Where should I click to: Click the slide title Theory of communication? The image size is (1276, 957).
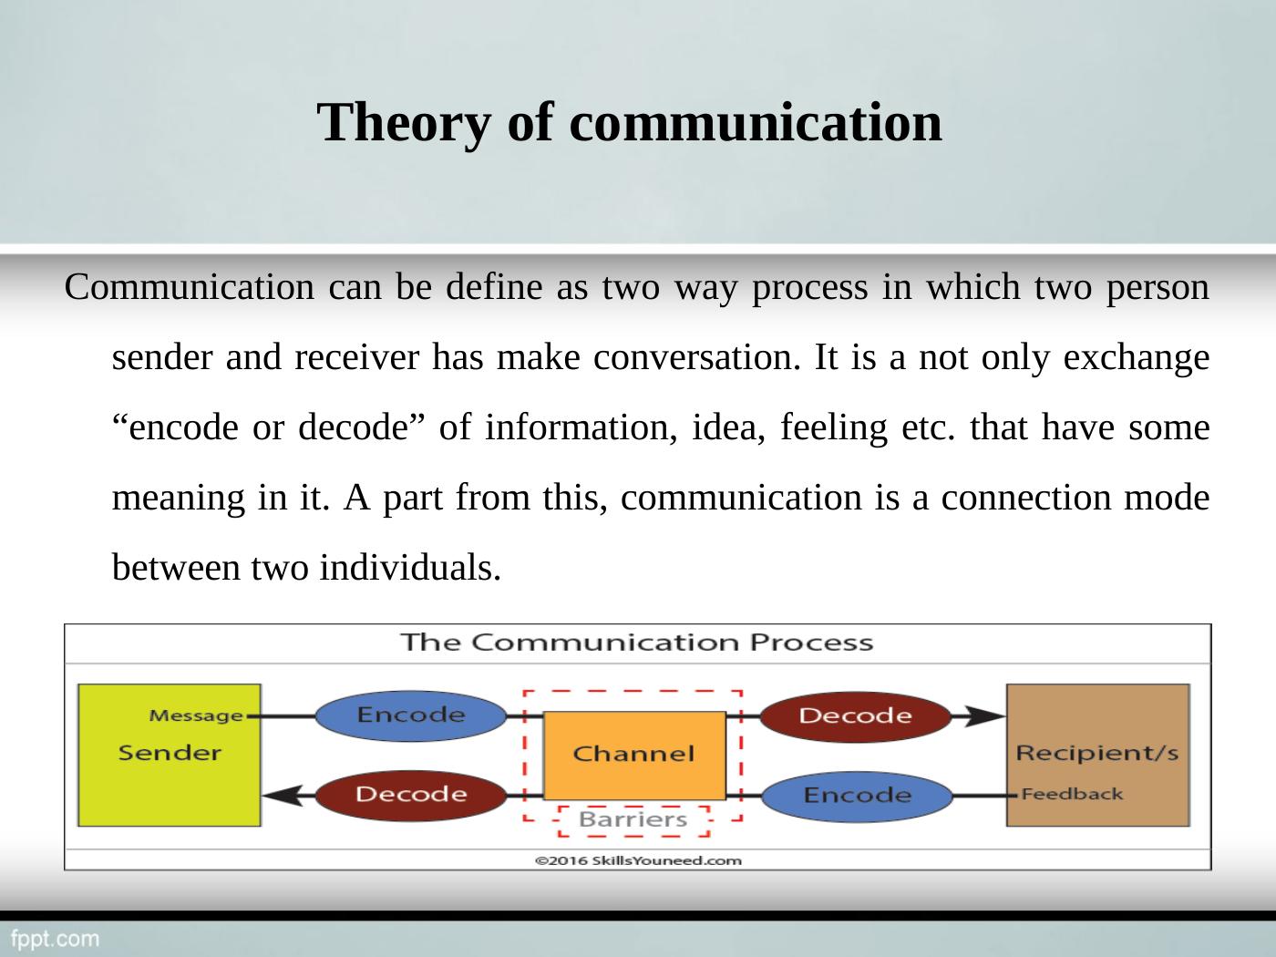click(629, 122)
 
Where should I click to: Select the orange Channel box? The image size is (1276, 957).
click(633, 755)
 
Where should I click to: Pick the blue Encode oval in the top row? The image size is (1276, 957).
click(410, 715)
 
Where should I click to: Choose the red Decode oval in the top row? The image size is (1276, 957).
click(855, 715)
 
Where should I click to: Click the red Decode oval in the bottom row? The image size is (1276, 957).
click(410, 795)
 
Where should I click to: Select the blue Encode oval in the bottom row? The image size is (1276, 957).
click(856, 796)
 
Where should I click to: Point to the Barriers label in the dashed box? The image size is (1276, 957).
click(633, 820)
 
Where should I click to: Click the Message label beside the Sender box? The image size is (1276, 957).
click(196, 715)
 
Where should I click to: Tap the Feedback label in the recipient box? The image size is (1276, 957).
click(1072, 794)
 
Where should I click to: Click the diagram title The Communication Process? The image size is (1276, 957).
click(636, 643)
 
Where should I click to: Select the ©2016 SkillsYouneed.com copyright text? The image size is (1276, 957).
click(637, 859)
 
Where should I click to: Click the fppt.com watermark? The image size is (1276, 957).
click(55, 938)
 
